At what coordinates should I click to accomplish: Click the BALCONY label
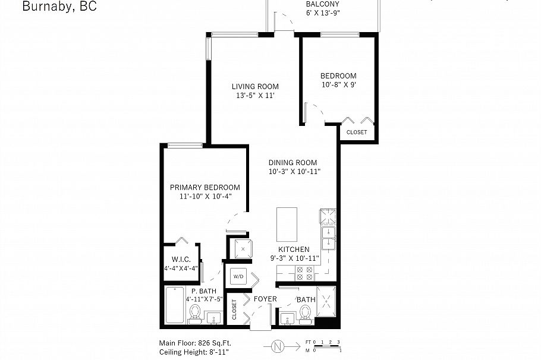pyautogui.click(x=323, y=4)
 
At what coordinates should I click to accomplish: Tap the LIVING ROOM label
pyautogui.click(x=255, y=86)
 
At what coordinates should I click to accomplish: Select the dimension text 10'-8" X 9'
pyautogui.click(x=338, y=85)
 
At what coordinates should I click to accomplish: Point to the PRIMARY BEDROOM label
pyautogui.click(x=205, y=187)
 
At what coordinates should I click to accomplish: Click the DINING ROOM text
pyautogui.click(x=292, y=162)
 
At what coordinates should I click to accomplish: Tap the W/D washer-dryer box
pyautogui.click(x=239, y=276)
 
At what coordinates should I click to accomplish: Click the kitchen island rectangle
pyautogui.click(x=287, y=223)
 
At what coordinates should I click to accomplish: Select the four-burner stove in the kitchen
pyautogui.click(x=304, y=273)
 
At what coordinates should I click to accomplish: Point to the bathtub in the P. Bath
pyautogui.click(x=175, y=305)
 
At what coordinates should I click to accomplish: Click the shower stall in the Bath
pyautogui.click(x=327, y=301)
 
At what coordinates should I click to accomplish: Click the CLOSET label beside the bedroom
pyautogui.click(x=357, y=132)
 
